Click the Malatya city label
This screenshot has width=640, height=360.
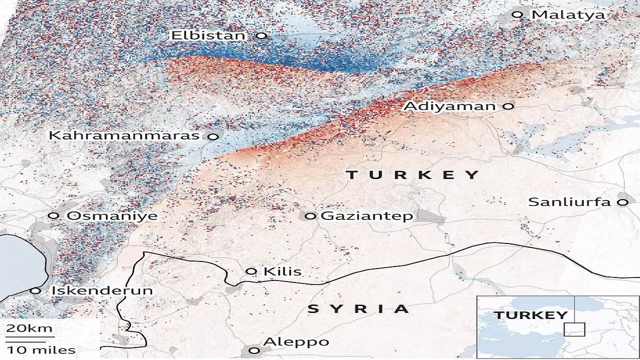567,14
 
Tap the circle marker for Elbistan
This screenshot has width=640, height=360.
261,35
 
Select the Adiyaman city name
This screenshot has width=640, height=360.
449,106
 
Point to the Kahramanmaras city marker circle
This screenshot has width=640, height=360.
213,136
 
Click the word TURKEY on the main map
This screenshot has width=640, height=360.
412,174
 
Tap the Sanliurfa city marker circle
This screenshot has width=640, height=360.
622,202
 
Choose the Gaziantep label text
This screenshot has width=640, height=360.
366,216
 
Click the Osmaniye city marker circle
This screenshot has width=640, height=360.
53,215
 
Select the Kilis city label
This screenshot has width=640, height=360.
282,271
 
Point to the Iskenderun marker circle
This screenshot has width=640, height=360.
35,290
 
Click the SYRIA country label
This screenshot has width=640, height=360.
358,309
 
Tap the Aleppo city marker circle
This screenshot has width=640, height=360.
254,350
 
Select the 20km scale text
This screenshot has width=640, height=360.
29,328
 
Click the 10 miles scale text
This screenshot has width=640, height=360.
41,350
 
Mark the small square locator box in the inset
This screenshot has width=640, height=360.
574,329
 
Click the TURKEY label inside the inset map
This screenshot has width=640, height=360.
530,315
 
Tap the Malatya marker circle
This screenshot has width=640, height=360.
518,14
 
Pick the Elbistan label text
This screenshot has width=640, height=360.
208,35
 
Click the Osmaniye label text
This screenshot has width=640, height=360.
112,216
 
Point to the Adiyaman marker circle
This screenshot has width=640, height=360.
508,106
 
